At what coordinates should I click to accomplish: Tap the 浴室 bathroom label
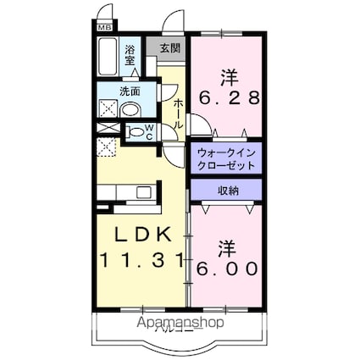pyautogui.click(x=130, y=56)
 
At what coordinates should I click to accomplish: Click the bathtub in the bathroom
pyautogui.click(x=108, y=59)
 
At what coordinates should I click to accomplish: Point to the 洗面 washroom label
pyautogui.click(x=130, y=91)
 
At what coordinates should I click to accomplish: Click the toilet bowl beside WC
pyautogui.click(x=133, y=131)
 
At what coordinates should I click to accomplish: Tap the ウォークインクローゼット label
pyautogui.click(x=225, y=158)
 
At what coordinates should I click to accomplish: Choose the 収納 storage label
pyautogui.click(x=227, y=190)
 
